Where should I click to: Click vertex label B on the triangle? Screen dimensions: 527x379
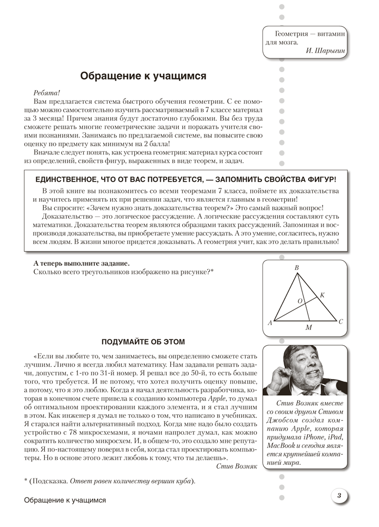(297, 268)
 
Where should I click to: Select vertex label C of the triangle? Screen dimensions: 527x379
(341, 321)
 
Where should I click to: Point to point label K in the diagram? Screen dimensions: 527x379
(323, 295)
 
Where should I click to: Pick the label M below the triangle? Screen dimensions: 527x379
(309, 328)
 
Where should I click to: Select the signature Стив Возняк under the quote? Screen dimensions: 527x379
(237, 467)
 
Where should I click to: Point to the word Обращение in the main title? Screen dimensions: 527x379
(109, 76)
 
